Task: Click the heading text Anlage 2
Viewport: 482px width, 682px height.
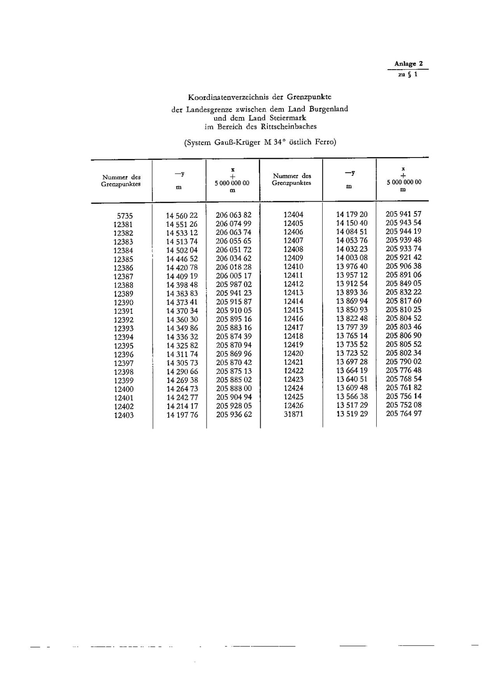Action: click(x=408, y=64)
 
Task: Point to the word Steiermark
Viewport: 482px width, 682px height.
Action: click(x=287, y=118)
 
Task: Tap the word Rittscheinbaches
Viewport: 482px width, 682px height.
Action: click(x=289, y=126)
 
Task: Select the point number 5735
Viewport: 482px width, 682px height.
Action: click(x=125, y=216)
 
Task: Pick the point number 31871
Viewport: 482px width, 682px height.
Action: click(x=294, y=414)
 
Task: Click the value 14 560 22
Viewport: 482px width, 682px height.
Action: click(x=182, y=215)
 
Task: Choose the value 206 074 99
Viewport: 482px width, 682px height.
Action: click(x=233, y=224)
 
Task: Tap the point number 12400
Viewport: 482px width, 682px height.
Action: click(x=124, y=389)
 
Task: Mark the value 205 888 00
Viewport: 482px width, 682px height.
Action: click(x=234, y=388)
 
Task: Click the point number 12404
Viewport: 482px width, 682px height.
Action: click(x=293, y=214)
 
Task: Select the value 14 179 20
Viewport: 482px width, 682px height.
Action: click(x=352, y=214)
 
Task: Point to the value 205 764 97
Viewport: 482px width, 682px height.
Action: click(x=403, y=413)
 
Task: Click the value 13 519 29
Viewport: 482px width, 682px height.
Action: click(x=352, y=414)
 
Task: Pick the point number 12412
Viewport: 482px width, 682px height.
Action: click(x=293, y=284)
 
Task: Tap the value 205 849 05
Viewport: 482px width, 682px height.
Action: click(x=403, y=283)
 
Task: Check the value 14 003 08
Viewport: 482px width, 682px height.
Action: click(x=352, y=258)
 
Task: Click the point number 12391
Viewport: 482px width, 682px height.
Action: click(x=123, y=311)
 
